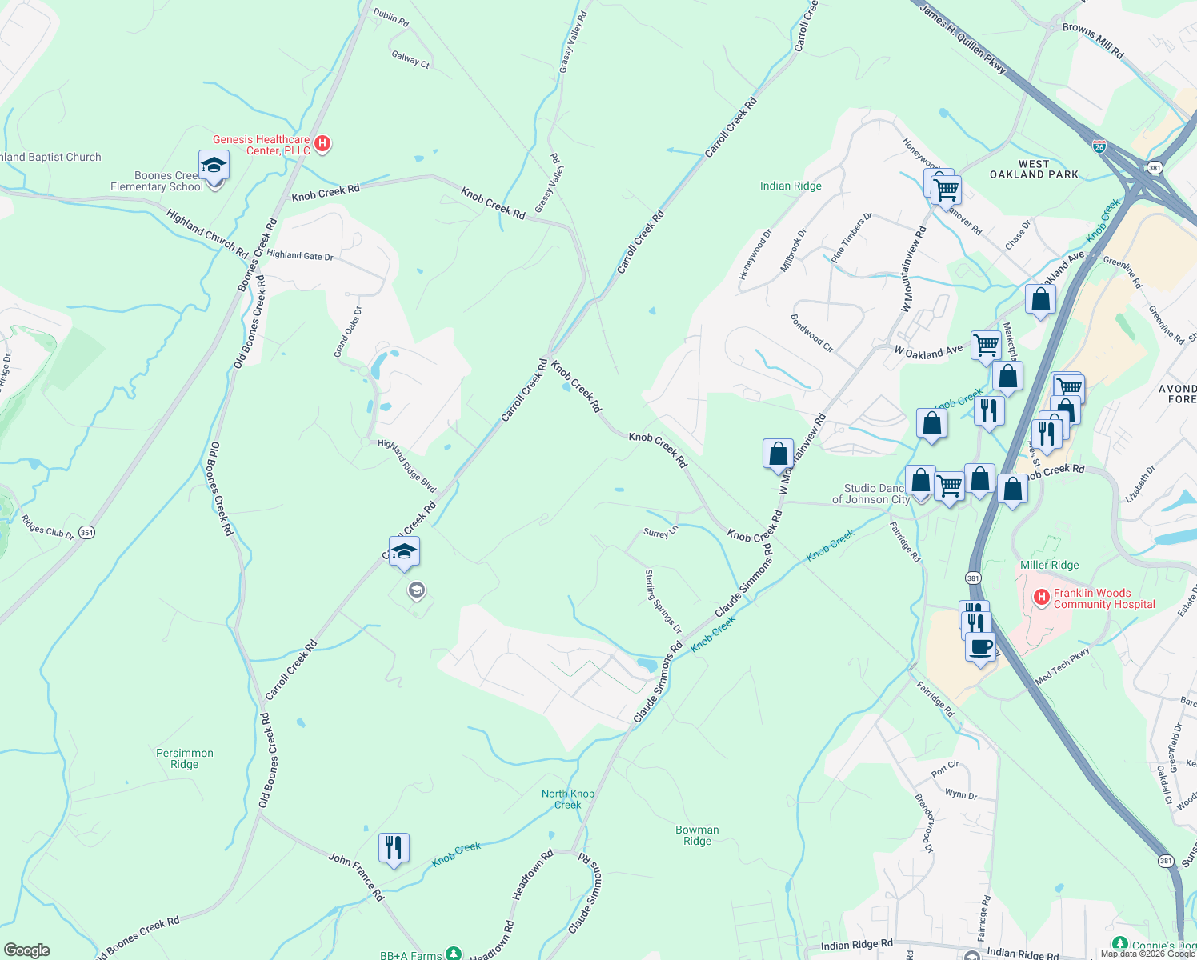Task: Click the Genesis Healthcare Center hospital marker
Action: click(322, 144)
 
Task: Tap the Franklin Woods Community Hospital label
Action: click(1103, 598)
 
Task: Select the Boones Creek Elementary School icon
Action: click(214, 166)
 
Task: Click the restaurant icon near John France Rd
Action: click(394, 847)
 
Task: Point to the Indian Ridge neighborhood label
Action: click(791, 186)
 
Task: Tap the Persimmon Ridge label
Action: click(185, 758)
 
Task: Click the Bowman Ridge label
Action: click(697, 835)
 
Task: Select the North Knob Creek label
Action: click(568, 799)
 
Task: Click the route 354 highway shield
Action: click(87, 532)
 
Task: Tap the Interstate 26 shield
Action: click(1099, 146)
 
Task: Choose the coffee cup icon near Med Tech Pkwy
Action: click(981, 646)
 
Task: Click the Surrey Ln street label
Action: click(661, 532)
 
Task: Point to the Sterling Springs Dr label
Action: click(663, 601)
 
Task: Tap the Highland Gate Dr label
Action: click(300, 255)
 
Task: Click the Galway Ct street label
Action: click(410, 59)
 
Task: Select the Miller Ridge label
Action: click(1049, 565)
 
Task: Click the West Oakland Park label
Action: click(1034, 169)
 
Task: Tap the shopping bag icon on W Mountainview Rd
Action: click(778, 454)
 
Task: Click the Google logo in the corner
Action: click(26, 950)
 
